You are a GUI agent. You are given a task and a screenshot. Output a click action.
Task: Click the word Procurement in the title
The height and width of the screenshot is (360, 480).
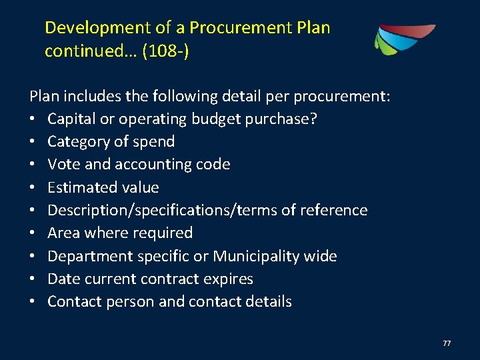pyautogui.click(x=240, y=28)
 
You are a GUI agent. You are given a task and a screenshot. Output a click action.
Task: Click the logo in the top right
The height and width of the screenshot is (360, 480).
pyautogui.click(x=405, y=39)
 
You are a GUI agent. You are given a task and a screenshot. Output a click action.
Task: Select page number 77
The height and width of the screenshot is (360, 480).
pyautogui.click(x=447, y=343)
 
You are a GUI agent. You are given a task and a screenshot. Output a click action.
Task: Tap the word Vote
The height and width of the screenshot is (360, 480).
pyautogui.click(x=64, y=164)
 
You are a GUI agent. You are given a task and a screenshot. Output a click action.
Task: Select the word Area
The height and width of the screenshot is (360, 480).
pyautogui.click(x=63, y=233)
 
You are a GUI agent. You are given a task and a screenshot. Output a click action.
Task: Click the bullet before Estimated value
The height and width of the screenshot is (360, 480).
pyautogui.click(x=33, y=188)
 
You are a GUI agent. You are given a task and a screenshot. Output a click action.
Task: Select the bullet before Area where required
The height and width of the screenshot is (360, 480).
pyautogui.click(x=33, y=233)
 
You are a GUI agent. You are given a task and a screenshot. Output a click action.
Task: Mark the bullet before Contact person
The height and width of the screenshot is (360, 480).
pyautogui.click(x=33, y=302)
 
